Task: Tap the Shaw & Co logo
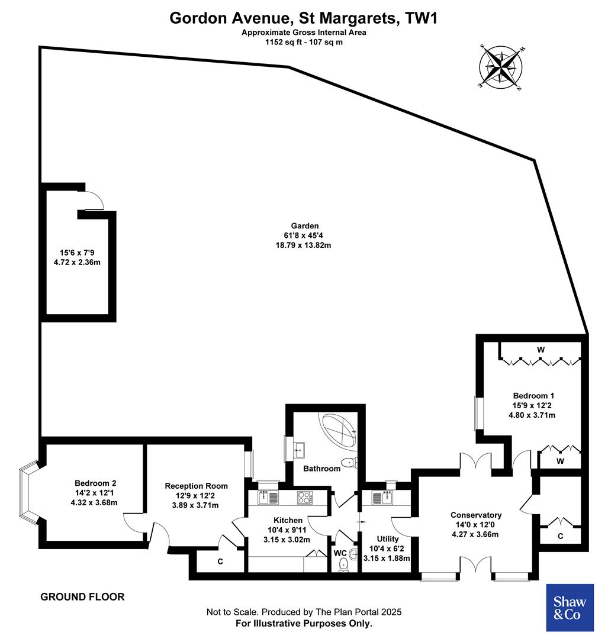click(569, 608)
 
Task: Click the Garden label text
click(304, 225)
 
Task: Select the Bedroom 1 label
click(533, 395)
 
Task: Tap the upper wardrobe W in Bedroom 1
click(540, 350)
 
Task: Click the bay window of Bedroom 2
click(28, 491)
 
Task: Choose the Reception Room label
click(195, 486)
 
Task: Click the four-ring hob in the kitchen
click(305, 498)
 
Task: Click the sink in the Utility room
click(381, 498)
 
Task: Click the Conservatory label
click(475, 515)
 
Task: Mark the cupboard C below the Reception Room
click(220, 561)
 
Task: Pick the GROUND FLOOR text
click(82, 596)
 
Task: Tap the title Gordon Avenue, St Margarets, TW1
click(304, 18)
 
